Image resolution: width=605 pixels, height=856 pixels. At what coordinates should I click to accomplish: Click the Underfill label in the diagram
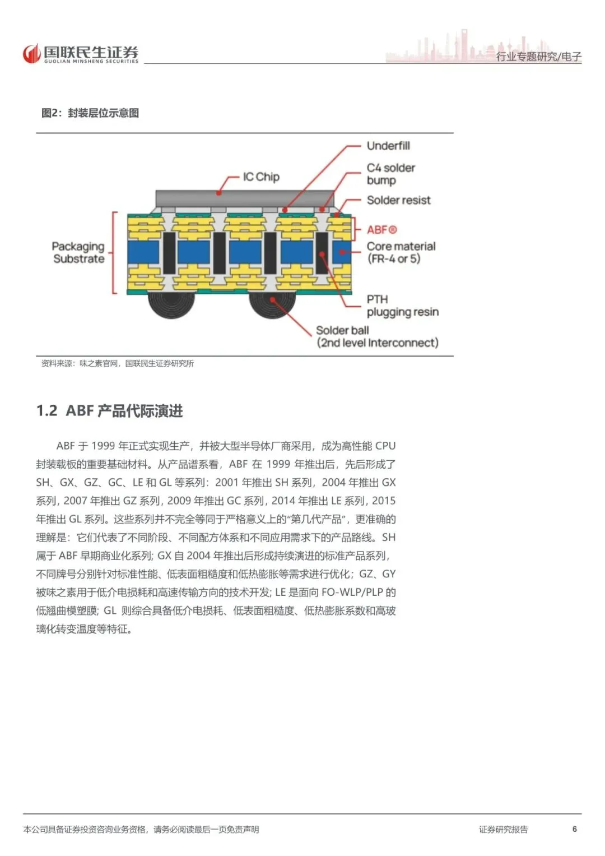point(388,146)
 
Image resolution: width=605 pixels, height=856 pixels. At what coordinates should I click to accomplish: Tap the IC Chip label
point(261,177)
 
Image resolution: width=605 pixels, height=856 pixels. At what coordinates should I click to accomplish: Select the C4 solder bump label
point(391,174)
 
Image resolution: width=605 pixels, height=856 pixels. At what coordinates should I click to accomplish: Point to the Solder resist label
point(398,200)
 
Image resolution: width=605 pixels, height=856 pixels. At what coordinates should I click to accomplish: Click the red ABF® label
point(381,230)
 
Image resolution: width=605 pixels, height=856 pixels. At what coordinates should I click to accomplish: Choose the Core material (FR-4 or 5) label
point(401,252)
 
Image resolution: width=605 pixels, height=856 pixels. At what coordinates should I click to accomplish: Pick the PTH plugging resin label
point(403,306)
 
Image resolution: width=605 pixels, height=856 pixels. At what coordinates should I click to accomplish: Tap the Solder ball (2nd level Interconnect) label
point(378,337)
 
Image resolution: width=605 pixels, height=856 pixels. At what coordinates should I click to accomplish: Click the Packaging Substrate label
point(78,253)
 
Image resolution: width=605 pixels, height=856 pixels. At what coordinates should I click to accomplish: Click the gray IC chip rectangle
point(245,198)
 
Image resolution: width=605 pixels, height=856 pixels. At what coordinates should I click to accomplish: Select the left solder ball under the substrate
point(171,305)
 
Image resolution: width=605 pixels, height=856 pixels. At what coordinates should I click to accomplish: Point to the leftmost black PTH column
point(169,253)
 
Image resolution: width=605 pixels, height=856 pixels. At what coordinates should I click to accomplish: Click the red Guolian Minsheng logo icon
point(31,53)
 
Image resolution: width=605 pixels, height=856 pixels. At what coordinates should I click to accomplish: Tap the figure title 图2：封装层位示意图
point(90,113)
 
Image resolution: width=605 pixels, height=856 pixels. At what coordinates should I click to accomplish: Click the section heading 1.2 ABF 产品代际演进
point(110,411)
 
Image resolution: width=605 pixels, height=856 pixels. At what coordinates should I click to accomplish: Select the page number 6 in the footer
point(574,829)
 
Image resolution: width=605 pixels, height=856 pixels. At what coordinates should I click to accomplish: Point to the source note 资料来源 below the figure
point(118,363)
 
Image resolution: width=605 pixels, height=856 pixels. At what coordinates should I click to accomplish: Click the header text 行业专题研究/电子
point(538,57)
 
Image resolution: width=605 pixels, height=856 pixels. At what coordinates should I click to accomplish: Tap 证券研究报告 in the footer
point(504,829)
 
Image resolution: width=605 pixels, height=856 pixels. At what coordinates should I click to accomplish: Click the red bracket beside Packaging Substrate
point(113,253)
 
